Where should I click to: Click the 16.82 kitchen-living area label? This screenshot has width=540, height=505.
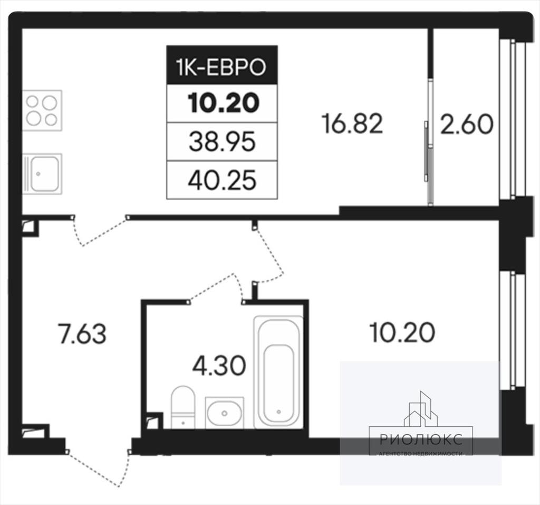click(352, 124)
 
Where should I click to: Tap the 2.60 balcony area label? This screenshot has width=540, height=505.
click(467, 125)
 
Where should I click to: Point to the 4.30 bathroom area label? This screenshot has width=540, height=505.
click(219, 366)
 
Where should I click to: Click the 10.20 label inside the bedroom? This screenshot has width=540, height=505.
click(402, 332)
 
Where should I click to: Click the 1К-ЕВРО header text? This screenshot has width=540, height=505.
click(221, 67)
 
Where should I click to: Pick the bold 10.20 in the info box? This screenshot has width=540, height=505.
click(223, 103)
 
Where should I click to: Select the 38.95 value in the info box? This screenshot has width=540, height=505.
click(222, 142)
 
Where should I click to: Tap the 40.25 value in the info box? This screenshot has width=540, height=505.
click(222, 181)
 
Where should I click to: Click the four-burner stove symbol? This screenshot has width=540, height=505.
click(42, 110)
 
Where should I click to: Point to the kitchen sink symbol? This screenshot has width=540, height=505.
click(42, 173)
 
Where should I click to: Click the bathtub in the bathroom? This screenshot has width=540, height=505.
click(278, 372)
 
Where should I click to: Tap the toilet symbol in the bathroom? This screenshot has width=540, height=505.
click(183, 407)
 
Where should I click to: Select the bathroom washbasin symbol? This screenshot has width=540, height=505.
click(225, 413)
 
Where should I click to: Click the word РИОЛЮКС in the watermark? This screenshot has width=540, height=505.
click(421, 440)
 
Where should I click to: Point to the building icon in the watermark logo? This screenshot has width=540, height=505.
click(421, 410)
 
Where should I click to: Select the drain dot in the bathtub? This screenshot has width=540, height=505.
click(278, 412)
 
